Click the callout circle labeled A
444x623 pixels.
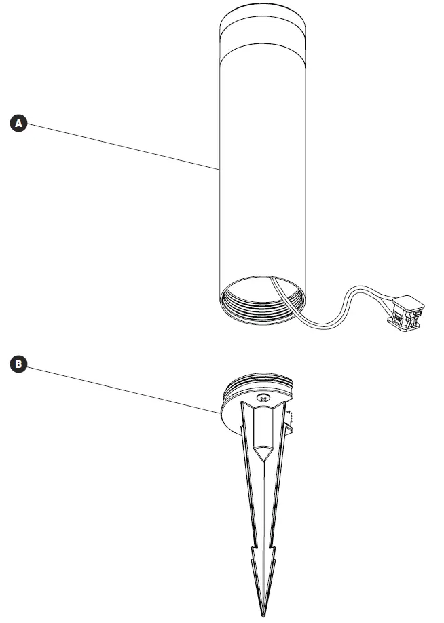pos(18,123)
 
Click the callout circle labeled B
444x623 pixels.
pos(18,364)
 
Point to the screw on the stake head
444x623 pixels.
pos(264,399)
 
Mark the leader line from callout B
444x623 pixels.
pos(122,388)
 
